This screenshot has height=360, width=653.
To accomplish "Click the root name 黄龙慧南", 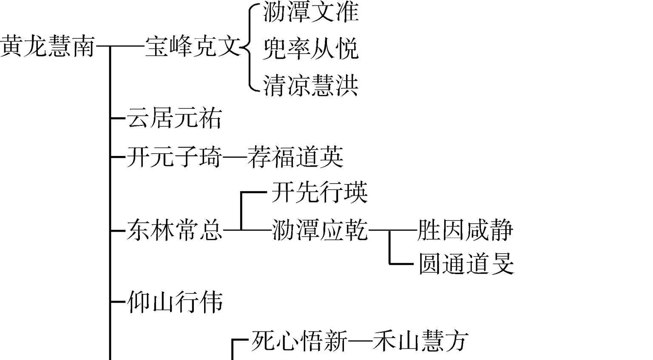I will click(47, 46).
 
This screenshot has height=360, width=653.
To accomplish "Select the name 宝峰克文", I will click(193, 46).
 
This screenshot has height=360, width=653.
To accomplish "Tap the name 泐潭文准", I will click(311, 11).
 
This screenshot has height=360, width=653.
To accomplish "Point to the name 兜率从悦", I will click(311, 48).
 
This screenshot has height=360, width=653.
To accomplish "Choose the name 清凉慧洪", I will click(311, 85).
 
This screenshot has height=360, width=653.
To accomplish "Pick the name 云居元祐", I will click(174, 118).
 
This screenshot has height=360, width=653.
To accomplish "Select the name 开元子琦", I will click(174, 157).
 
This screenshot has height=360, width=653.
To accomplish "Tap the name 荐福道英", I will click(295, 157).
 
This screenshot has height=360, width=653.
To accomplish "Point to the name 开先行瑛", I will click(319, 193).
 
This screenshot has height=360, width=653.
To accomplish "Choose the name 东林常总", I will click(174, 230).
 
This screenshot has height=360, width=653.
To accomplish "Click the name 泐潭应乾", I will click(319, 230).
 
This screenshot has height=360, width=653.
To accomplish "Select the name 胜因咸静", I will click(466, 230).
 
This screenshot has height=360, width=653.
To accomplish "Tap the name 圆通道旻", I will click(466, 264).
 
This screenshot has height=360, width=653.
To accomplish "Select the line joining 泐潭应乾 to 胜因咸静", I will click(392, 230).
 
